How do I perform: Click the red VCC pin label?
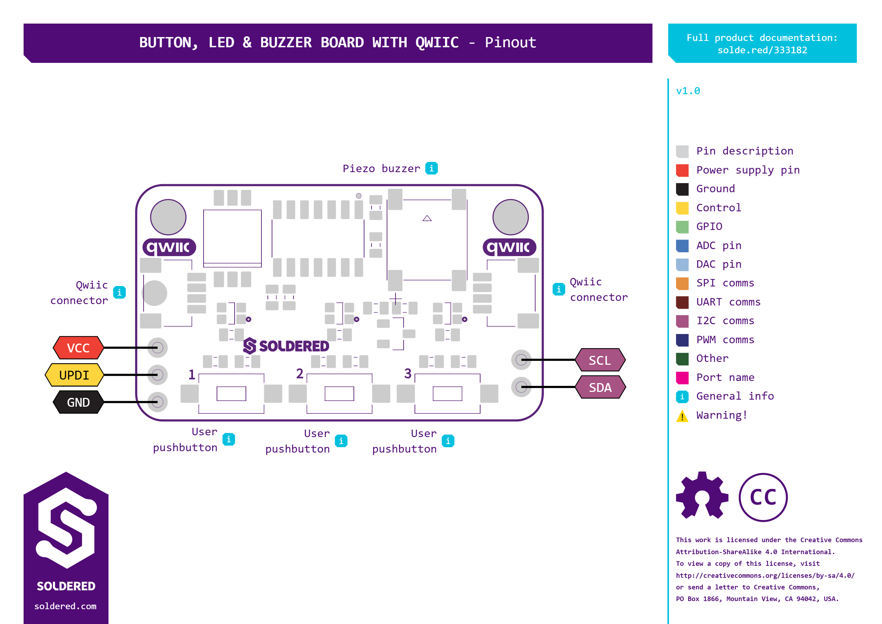click(78, 348)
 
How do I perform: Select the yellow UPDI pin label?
click(74, 375)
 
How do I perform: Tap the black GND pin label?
click(78, 402)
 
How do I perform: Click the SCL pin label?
click(600, 360)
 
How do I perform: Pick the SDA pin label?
click(600, 387)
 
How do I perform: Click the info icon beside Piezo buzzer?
click(431, 168)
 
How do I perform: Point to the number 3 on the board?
click(408, 374)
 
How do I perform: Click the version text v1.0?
click(688, 91)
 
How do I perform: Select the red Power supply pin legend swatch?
click(682, 170)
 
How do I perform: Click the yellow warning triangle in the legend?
click(682, 416)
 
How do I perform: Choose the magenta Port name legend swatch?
click(682, 378)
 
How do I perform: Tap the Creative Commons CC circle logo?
click(763, 497)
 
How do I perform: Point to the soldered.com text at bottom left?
click(65, 606)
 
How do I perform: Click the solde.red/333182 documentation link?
click(762, 50)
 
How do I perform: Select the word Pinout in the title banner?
click(511, 42)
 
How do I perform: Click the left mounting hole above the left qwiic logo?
click(168, 217)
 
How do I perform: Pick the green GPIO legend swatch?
click(682, 227)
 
